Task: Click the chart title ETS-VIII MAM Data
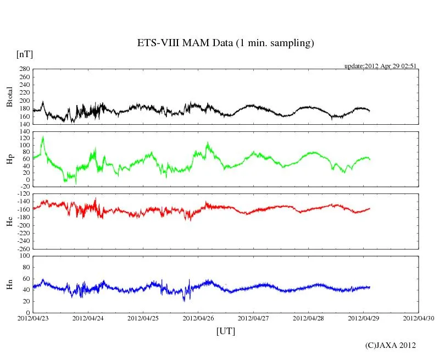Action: (225, 43)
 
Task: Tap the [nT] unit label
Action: (24, 54)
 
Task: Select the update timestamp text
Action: (381, 66)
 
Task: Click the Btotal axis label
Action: (9, 97)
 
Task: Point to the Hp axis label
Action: (9, 159)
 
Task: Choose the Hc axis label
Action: (9, 221)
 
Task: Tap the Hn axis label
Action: (9, 284)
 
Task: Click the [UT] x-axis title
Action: (225, 331)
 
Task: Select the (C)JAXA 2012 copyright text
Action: (390, 345)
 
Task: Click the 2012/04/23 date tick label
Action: (33, 318)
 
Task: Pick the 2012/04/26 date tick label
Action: (199, 318)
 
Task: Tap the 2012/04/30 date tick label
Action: (419, 318)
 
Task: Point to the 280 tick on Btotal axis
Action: (24, 69)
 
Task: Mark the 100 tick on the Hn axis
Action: (24, 256)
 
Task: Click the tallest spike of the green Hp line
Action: (43, 137)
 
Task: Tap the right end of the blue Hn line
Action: (370, 287)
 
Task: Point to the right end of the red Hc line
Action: (370, 208)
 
